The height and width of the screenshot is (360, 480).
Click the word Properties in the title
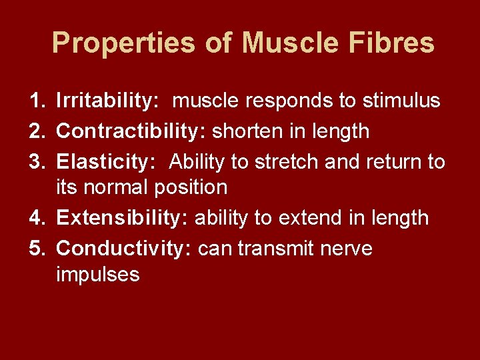123,44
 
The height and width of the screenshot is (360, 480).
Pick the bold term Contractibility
131,131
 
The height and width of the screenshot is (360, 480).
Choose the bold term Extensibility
123,218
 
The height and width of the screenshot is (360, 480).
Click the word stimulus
401,101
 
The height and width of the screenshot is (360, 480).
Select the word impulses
98,274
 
